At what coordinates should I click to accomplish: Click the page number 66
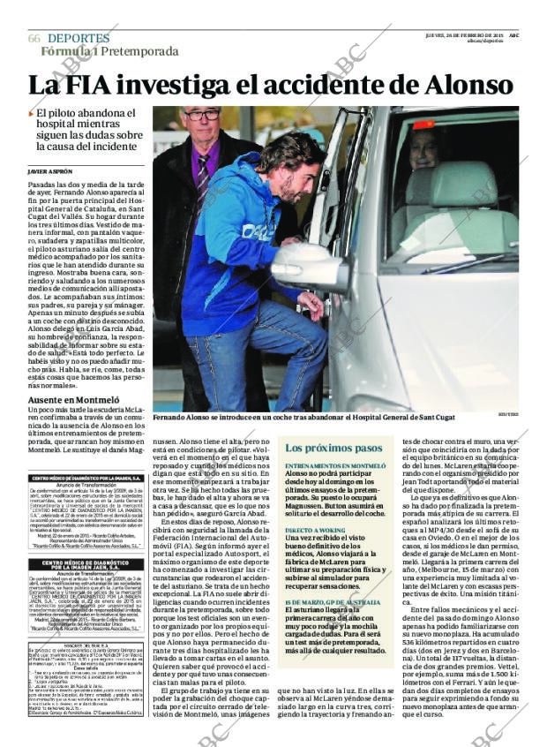tap(34, 39)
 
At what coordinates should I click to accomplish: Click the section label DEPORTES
tap(79, 39)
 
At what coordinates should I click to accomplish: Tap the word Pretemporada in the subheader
tap(139, 51)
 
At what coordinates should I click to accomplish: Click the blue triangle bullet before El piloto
tap(32, 114)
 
